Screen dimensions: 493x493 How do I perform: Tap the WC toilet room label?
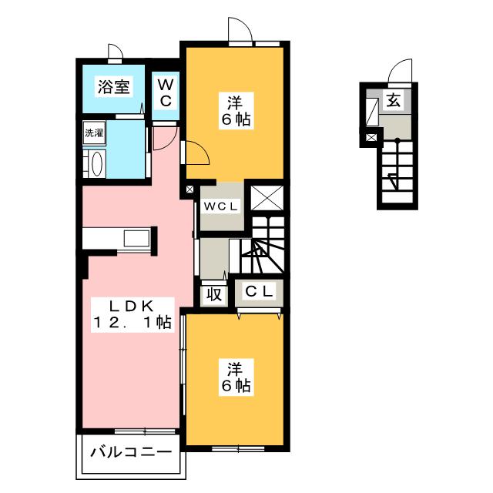(166, 92)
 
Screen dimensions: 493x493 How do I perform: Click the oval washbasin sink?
(95, 164)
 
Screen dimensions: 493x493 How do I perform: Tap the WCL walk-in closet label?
(222, 206)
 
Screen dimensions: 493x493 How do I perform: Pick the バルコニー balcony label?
(129, 451)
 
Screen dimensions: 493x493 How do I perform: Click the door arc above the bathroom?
(116, 53)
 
